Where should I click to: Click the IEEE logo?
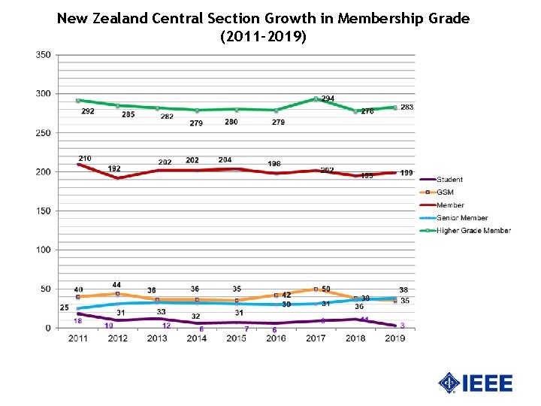[x=475, y=383]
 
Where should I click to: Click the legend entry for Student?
[x=449, y=180]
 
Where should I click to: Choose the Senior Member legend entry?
[x=461, y=218]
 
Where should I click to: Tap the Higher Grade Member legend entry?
[x=473, y=231]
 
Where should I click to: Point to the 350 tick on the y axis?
[x=44, y=55]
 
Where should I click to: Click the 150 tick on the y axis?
[x=44, y=211]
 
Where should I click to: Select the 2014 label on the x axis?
[x=196, y=339]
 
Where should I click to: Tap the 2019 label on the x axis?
[x=395, y=339]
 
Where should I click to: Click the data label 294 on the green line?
[x=328, y=98]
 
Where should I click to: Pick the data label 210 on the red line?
[x=85, y=159]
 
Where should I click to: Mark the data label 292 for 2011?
[x=88, y=111]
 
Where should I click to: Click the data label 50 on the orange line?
[x=326, y=289]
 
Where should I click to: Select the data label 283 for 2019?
[x=407, y=108]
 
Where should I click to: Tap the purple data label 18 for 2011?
[x=77, y=321]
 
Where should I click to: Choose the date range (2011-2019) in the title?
[x=262, y=36]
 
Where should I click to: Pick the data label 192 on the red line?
[x=114, y=169]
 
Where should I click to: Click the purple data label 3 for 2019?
[x=402, y=326]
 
